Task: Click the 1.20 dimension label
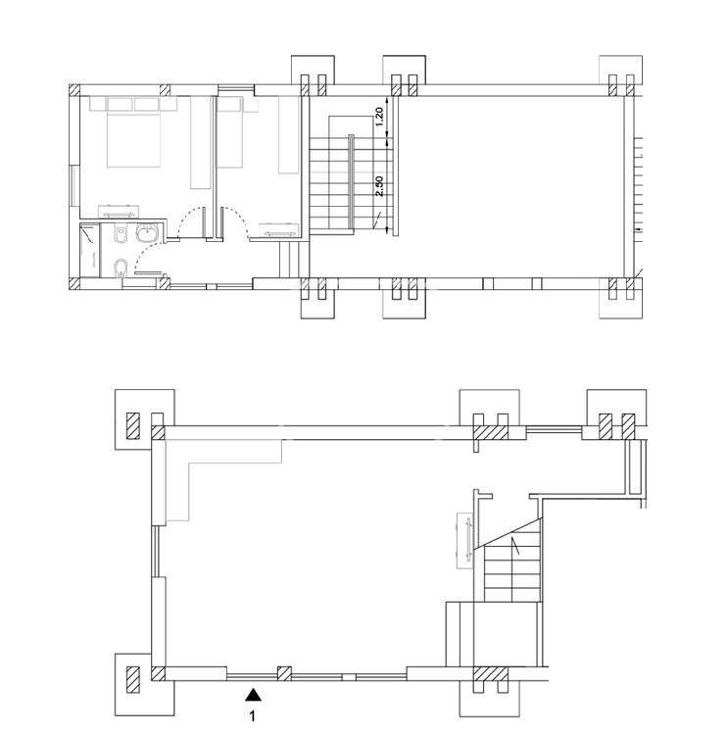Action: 379,117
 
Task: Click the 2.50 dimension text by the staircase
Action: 379,186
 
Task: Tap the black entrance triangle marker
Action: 254,695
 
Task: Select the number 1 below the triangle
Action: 253,715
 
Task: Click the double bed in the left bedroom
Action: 134,132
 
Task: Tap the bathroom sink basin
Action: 148,233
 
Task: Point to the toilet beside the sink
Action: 121,234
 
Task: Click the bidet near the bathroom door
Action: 121,268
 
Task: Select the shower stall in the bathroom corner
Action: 90,250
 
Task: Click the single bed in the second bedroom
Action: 230,132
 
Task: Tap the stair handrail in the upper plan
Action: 351,182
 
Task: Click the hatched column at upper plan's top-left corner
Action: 74,90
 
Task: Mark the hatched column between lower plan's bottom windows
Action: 284,673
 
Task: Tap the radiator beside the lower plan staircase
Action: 464,541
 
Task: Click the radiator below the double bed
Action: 119,213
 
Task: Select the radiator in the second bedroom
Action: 280,230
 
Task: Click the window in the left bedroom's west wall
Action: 73,185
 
